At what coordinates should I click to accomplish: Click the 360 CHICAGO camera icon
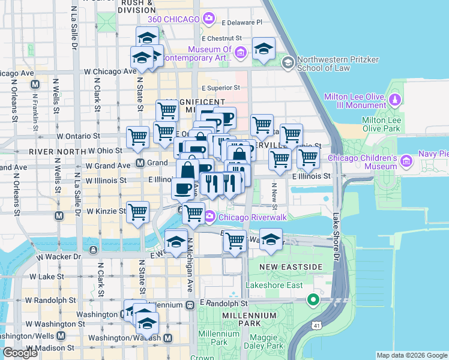(x=208, y=19)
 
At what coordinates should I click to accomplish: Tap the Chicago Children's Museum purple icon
(x=406, y=161)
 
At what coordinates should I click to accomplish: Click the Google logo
(x=20, y=353)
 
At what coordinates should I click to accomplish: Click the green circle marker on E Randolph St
(x=313, y=299)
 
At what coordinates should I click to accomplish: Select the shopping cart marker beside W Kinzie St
(x=138, y=211)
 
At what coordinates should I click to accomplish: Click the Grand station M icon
(x=140, y=163)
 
